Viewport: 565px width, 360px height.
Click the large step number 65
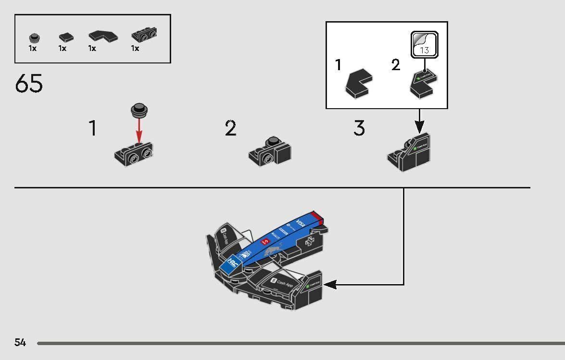[29, 84]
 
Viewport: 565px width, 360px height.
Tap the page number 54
[20, 343]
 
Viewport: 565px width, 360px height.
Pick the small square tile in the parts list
[66, 37]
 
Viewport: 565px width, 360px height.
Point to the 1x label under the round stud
[33, 49]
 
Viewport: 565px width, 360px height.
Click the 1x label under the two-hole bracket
[135, 49]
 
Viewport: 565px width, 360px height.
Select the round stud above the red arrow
[139, 110]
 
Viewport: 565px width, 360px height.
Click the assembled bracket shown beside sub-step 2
[271, 150]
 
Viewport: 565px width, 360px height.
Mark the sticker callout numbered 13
[424, 45]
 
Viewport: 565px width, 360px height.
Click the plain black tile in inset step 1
[359, 83]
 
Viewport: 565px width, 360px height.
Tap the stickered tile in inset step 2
[422, 83]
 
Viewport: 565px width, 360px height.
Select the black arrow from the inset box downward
[419, 121]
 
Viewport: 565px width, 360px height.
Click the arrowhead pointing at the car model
[329, 285]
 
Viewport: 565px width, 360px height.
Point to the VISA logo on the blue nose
[301, 223]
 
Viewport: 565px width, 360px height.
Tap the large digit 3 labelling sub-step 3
[359, 128]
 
